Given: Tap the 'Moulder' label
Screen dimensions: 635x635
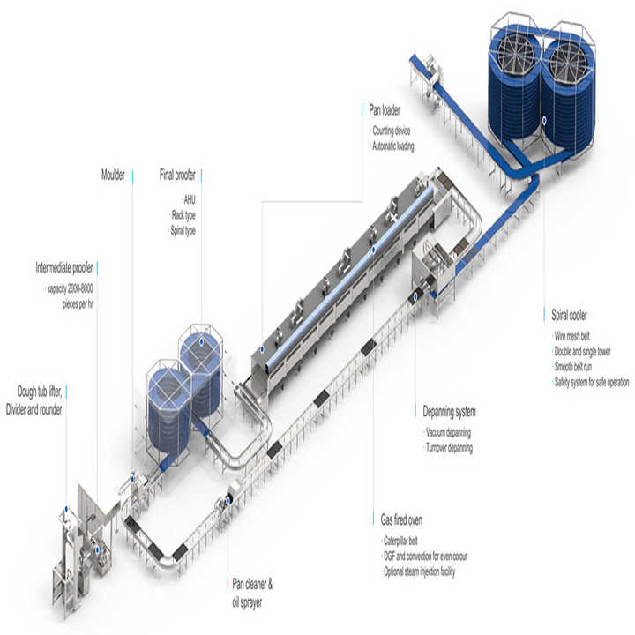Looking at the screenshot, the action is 114,174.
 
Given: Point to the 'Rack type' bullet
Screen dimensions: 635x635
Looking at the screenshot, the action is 184,214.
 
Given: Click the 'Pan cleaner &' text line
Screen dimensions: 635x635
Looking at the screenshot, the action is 258,584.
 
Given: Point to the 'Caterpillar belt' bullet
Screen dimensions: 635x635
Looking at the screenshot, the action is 400,539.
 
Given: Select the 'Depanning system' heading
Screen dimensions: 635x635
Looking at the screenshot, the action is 449,411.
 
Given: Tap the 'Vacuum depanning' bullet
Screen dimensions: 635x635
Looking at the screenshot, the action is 448,432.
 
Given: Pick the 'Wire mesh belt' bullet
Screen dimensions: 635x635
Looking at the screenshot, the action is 571,336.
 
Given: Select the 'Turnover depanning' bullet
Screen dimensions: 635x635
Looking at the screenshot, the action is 450,448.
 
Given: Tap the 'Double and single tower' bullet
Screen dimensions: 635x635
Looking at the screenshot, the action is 581,351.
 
